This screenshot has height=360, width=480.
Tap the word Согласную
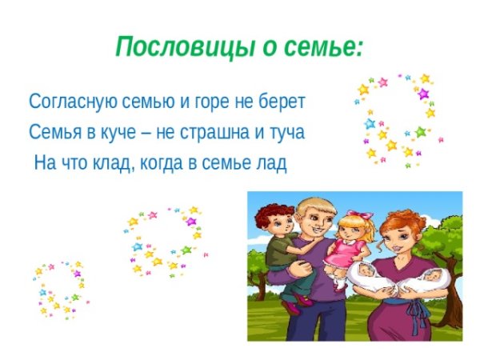pos(69,103)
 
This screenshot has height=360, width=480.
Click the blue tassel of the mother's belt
pos(414,320)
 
